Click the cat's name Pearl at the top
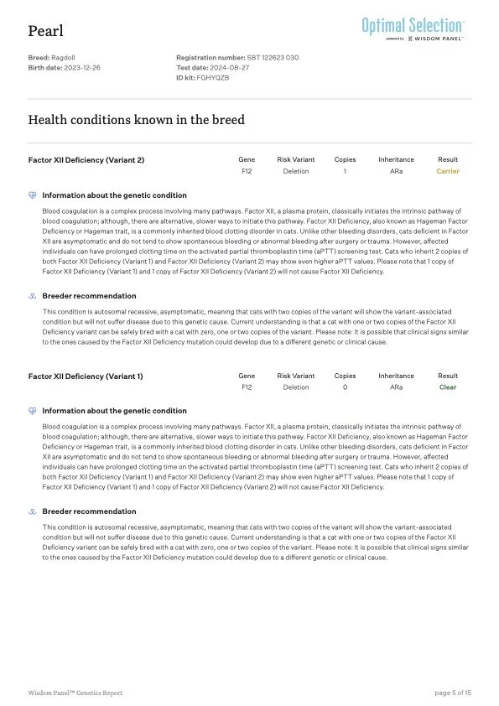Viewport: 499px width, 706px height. pos(45,31)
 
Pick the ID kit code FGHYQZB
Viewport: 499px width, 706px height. pos(212,76)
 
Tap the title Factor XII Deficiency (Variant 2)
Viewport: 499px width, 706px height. pos(86,159)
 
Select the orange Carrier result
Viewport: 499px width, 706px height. pos(448,171)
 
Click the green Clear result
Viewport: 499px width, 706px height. pos(448,387)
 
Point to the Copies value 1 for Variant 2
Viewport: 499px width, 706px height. pos(345,171)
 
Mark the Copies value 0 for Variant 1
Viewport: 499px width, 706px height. pos(345,387)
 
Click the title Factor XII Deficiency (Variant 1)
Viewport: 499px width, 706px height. pos(86,376)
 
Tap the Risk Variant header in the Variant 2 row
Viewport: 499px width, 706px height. pos(295,159)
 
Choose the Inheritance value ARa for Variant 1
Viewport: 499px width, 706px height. pos(396,387)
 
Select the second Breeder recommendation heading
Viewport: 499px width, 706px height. pos(89,511)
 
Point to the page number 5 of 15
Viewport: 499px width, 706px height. pos(453,693)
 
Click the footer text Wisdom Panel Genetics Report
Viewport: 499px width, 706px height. pos(75,693)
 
